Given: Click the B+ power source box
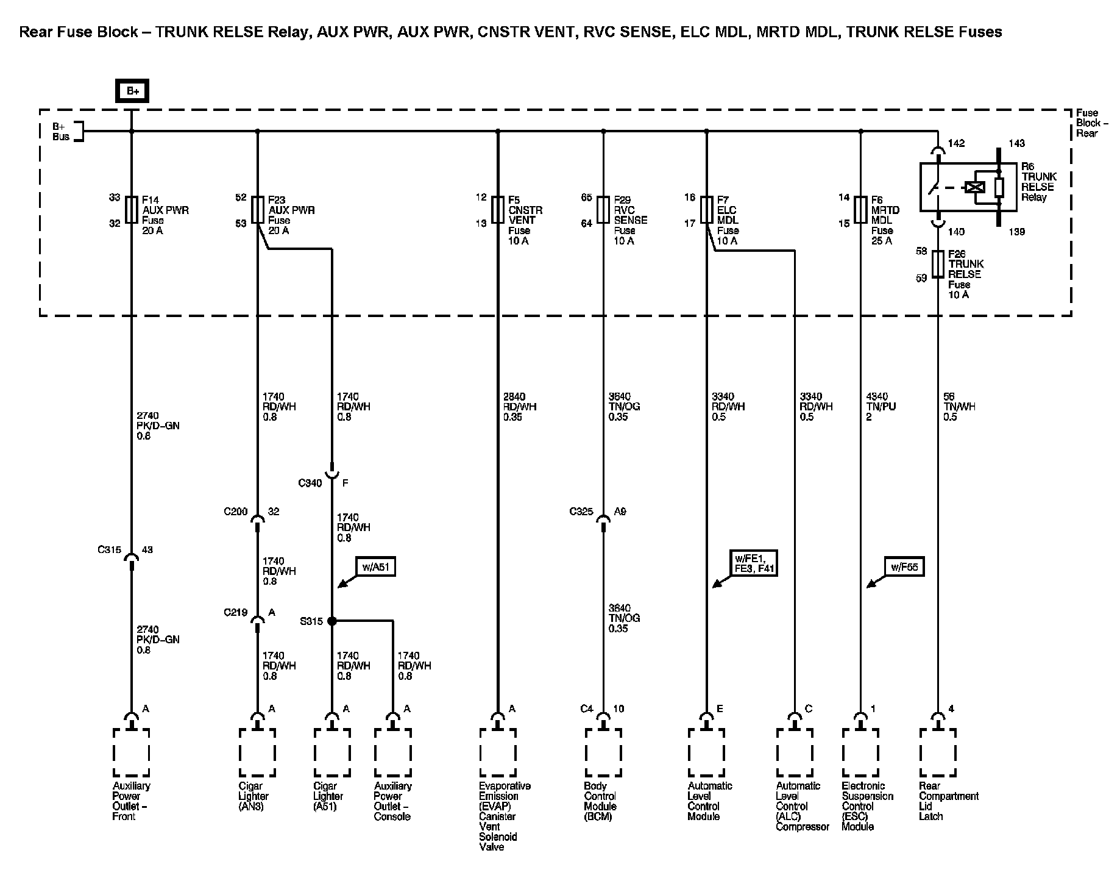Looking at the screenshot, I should (x=132, y=91).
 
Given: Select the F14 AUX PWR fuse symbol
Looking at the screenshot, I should (x=131, y=209).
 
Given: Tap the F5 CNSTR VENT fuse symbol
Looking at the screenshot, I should (x=498, y=209).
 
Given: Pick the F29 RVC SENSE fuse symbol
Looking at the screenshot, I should (x=603, y=209).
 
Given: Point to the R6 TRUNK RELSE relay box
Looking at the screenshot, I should (x=968, y=187).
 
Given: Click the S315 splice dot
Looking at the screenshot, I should (x=331, y=621).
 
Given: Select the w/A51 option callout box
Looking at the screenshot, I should (x=375, y=567).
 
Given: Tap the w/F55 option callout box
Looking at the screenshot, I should (x=904, y=567).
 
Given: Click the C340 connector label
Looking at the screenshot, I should (x=310, y=484).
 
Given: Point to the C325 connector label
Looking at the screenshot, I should (x=581, y=512).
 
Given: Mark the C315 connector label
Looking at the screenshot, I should (x=109, y=550).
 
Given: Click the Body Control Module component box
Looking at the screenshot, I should (x=603, y=752).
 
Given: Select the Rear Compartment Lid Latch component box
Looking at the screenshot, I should (x=938, y=752).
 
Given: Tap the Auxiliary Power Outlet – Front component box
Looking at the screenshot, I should (x=131, y=752).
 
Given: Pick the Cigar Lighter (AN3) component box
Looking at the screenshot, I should (x=257, y=752).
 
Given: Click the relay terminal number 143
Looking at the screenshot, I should (x=1016, y=143).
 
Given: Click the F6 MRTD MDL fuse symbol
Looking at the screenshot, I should (x=860, y=209).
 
